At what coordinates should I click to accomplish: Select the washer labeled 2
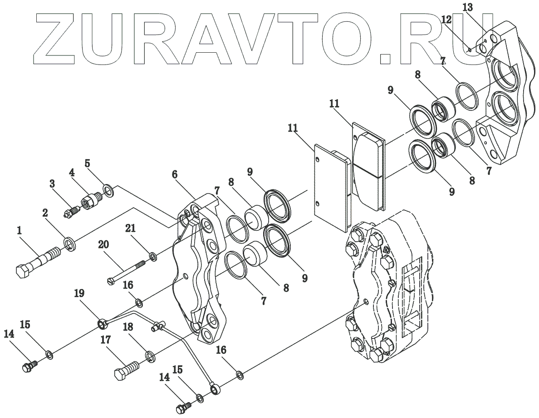[70, 244]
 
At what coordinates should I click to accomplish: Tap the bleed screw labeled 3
[73, 211]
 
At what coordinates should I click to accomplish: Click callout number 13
[468, 7]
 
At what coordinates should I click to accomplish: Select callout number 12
[446, 20]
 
